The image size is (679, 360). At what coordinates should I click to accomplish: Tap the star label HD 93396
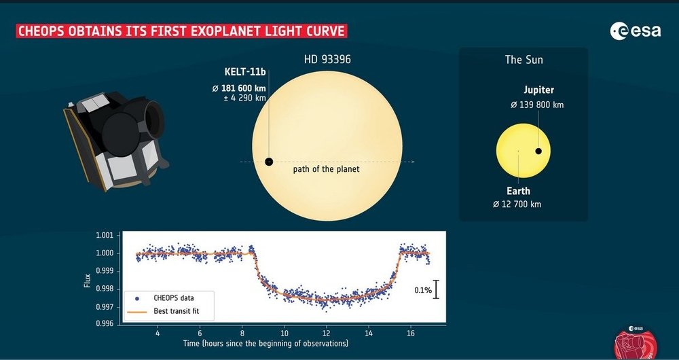point(327,60)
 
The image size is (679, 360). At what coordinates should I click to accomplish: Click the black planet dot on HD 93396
point(269,162)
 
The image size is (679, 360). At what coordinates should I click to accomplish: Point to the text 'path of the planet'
point(326,169)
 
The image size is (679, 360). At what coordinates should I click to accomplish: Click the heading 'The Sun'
point(524,60)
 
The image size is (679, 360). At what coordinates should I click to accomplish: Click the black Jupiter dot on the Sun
point(538,151)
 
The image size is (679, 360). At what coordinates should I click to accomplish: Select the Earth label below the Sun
point(518,191)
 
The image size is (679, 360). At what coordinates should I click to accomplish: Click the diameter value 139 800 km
point(536,105)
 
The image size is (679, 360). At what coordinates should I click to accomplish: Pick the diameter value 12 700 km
point(517,204)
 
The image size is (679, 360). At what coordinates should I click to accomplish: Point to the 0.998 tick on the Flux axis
point(105,289)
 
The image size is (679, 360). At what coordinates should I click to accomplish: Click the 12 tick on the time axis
point(327,333)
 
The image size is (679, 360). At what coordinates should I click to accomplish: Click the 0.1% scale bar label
point(422,290)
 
